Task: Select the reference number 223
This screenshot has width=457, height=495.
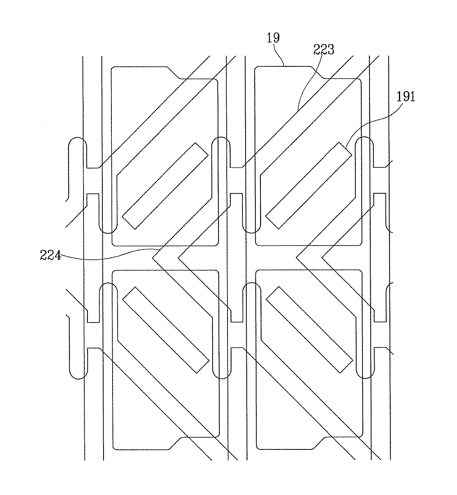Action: (x=324, y=49)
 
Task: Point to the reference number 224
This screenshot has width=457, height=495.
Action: (x=50, y=256)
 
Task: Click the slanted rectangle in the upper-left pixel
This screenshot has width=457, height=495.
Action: (x=166, y=185)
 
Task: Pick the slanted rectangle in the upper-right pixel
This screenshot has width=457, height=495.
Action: (x=309, y=185)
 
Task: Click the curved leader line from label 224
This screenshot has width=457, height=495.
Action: (x=106, y=256)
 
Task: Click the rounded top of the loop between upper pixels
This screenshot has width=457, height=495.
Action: (x=220, y=138)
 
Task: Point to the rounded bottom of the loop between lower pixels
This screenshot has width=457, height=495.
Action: (x=220, y=378)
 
